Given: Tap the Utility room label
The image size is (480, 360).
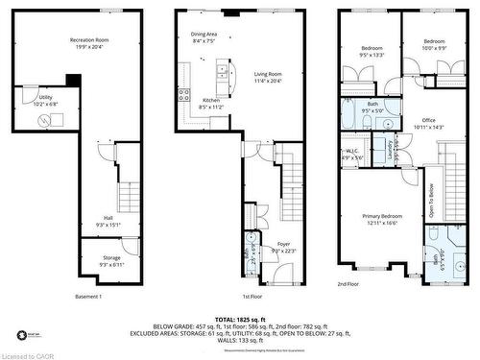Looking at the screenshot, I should [46, 97].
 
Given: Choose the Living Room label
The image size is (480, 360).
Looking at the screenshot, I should [267, 74].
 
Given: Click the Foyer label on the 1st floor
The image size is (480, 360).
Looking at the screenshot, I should [283, 244].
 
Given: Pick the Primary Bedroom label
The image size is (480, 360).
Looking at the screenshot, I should [381, 217].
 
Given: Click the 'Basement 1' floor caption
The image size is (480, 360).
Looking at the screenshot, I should [88, 297].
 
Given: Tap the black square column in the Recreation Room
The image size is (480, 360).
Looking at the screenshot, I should [73, 82].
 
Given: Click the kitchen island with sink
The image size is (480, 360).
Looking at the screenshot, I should [224, 71].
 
